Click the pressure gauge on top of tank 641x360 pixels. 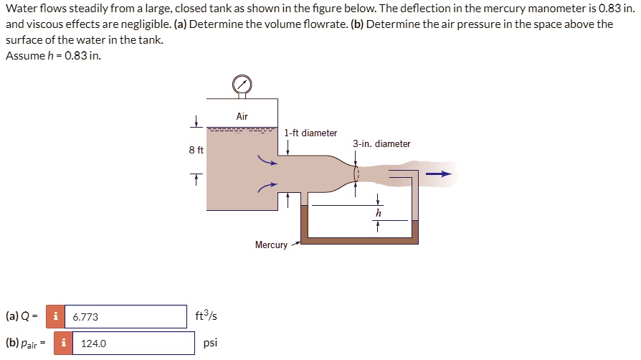point(242,85)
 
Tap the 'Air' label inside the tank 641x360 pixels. point(242,116)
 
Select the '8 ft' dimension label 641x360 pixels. point(196,151)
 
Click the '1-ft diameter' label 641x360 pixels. point(310,133)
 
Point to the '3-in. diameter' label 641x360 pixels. point(381,143)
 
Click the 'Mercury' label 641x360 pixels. point(271,245)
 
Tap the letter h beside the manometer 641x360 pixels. point(379,213)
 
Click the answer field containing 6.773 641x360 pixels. point(125,316)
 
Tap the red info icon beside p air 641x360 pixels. point(63,344)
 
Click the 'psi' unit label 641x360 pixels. point(210,343)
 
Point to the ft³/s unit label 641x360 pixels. point(206,316)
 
